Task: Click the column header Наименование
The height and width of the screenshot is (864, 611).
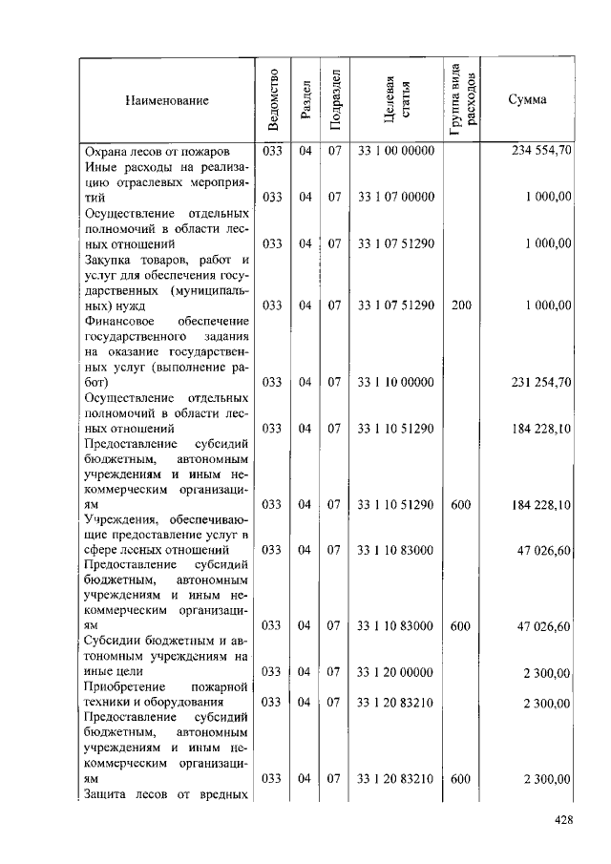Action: point(166,100)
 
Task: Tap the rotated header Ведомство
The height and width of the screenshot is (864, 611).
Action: point(274,100)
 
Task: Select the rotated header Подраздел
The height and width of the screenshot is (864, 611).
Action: point(334,100)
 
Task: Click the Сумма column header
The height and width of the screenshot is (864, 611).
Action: point(527,100)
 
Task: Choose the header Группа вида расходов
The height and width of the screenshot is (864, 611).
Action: point(461,100)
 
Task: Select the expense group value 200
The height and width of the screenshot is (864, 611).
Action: point(460,305)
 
